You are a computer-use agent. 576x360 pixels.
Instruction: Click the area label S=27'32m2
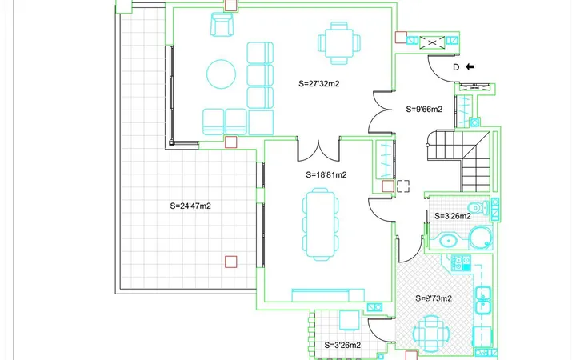(x=319, y=84)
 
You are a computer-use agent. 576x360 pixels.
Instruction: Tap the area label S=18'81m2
(x=326, y=175)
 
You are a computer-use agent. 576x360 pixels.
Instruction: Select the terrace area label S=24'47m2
(x=190, y=206)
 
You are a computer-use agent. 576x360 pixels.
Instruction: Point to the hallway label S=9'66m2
(x=424, y=109)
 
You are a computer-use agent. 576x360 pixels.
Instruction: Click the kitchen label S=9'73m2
(x=434, y=298)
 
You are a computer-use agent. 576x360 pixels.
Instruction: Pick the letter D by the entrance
(x=456, y=67)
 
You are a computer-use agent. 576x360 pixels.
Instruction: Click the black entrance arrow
(x=470, y=67)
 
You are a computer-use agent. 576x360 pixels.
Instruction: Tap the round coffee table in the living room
(x=221, y=74)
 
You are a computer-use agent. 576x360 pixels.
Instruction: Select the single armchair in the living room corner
(x=222, y=24)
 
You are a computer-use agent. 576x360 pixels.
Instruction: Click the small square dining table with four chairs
(x=338, y=43)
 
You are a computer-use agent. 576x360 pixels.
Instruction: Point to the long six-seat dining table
(x=320, y=224)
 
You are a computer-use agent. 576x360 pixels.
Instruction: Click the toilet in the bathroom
(x=480, y=207)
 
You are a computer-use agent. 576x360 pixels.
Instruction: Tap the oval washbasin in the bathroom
(x=448, y=242)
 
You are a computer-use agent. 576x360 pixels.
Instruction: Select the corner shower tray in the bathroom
(x=481, y=238)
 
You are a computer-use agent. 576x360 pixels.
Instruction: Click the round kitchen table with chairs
(x=430, y=334)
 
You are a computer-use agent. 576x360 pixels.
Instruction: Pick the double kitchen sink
(x=482, y=300)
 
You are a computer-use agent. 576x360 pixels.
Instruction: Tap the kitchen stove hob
(x=461, y=263)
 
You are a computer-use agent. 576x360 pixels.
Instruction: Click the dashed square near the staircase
(x=403, y=186)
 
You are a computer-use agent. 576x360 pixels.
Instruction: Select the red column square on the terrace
(x=230, y=262)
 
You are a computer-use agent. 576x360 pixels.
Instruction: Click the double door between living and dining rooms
(x=318, y=151)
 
